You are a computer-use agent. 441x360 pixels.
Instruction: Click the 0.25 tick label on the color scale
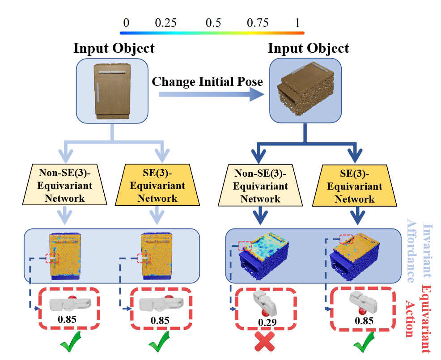166,22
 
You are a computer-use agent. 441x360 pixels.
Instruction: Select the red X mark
265,343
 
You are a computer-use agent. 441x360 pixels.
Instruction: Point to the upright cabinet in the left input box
112,91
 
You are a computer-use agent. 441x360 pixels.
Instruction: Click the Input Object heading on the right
308,48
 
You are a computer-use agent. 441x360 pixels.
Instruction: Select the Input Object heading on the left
114,48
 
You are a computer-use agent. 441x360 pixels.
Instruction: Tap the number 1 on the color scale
297,22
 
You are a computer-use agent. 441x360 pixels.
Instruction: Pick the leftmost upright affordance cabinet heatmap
65,255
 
